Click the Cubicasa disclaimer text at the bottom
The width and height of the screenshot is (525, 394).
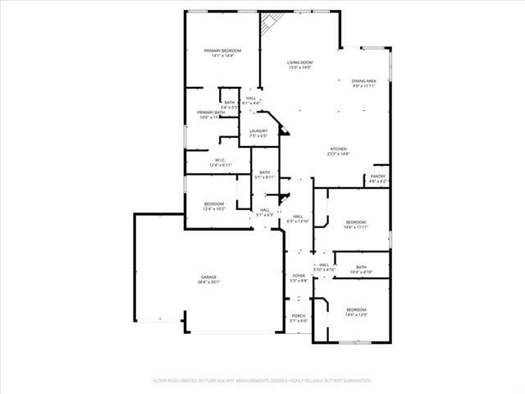point(262,381)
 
